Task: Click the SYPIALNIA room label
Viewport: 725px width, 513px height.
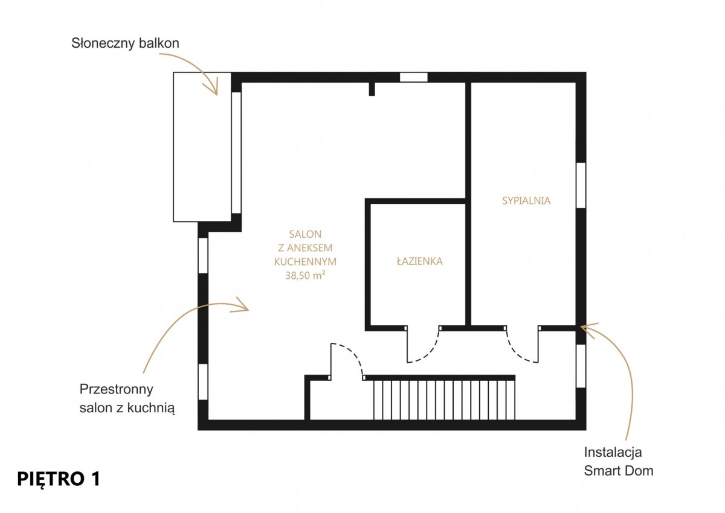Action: [x=526, y=201]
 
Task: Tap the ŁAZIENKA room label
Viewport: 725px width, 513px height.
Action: [x=420, y=261]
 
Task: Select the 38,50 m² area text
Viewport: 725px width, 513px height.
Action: [x=305, y=275]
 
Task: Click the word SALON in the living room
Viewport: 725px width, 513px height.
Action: [x=305, y=234]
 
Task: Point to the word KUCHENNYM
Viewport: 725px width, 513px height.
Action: [x=305, y=261]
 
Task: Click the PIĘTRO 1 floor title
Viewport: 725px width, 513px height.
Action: [x=59, y=479]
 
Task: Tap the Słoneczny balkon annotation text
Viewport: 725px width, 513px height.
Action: [x=125, y=43]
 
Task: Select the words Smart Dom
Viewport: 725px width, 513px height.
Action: [x=619, y=471]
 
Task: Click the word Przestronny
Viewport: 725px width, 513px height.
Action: [x=116, y=389]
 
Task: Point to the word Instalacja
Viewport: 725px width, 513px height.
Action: [x=613, y=452]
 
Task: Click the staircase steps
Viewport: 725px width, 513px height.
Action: [x=444, y=400]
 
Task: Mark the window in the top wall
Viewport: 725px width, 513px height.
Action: [x=414, y=77]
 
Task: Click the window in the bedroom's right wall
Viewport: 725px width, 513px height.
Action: [x=581, y=185]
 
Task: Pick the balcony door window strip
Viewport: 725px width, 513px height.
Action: [x=237, y=153]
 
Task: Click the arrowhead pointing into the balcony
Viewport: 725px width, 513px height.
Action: [x=212, y=87]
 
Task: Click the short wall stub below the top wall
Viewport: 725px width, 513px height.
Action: [x=372, y=89]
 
